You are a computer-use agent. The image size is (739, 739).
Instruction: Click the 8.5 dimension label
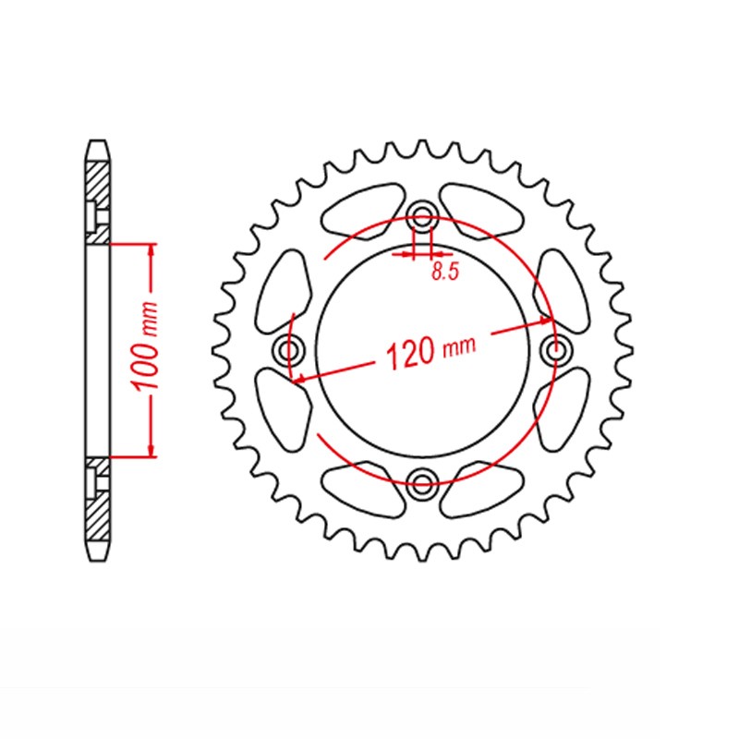(445, 272)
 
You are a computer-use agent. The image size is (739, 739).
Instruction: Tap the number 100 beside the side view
(146, 366)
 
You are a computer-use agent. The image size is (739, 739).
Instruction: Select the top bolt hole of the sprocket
(422, 220)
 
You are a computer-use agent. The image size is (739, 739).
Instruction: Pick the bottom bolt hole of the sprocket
(422, 481)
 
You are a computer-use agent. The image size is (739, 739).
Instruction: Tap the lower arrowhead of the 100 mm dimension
(151, 450)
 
